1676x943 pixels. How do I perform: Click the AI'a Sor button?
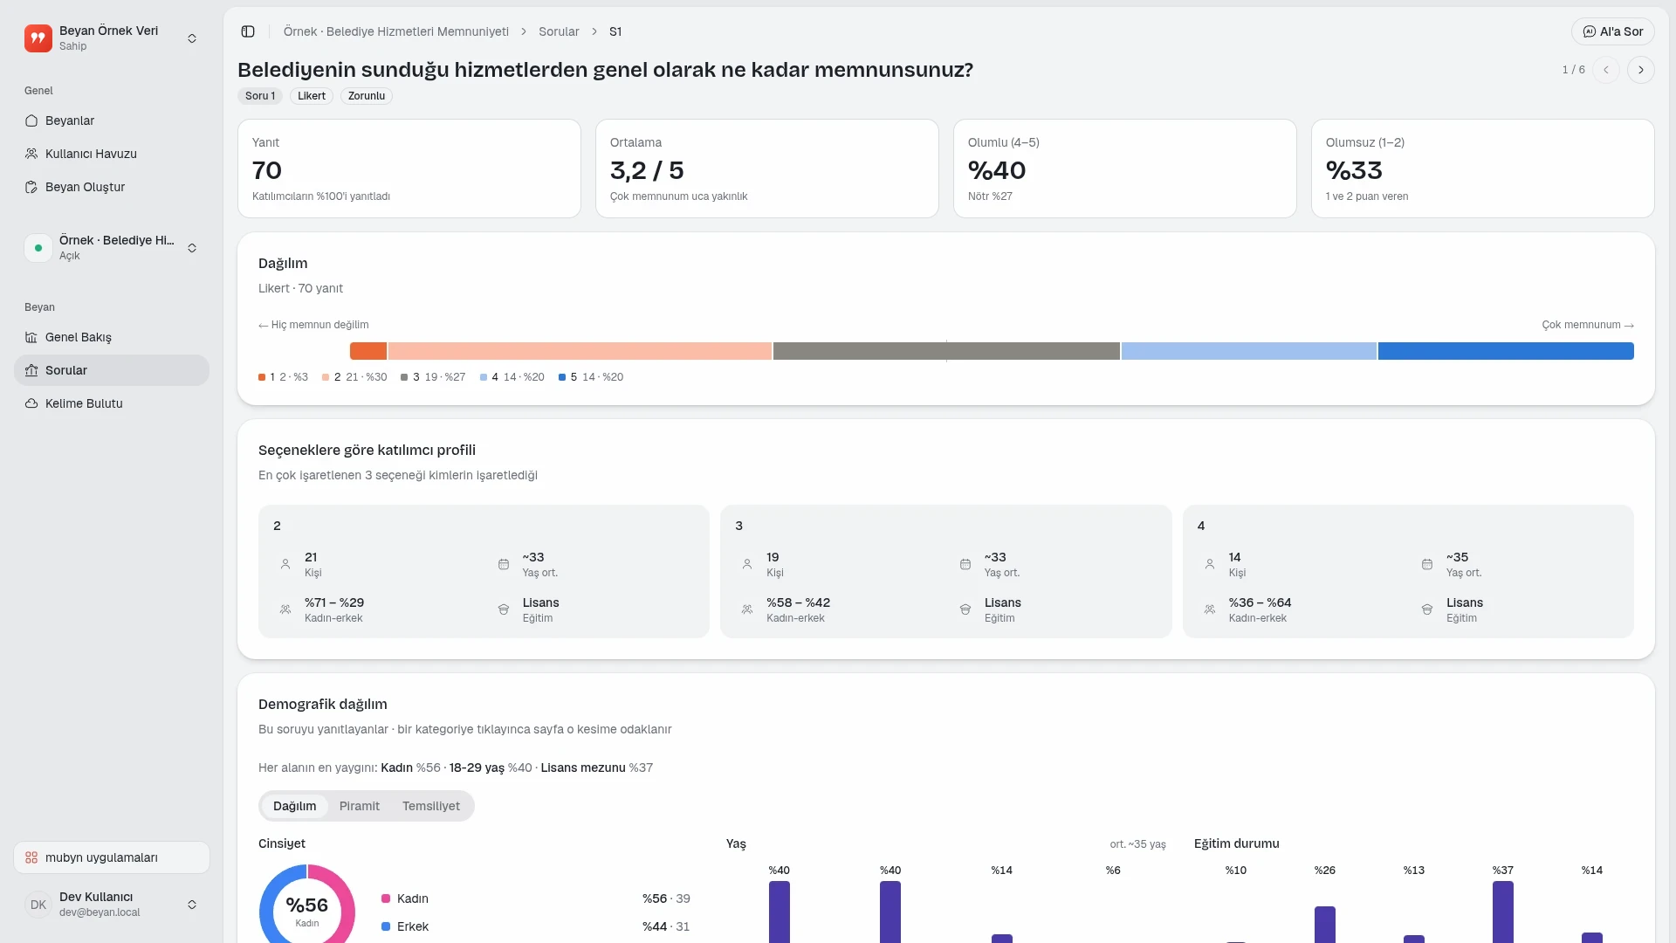(1612, 31)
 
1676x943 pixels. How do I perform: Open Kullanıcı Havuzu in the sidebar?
(91, 154)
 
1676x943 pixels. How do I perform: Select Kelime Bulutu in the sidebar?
(84, 403)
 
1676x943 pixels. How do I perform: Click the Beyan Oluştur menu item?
(85, 187)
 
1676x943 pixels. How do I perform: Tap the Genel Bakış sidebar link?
(78, 337)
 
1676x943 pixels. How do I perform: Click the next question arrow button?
(1641, 70)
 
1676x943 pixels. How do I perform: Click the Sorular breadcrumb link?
(559, 31)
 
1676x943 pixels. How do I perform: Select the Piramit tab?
(360, 806)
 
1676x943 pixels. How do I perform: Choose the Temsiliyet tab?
(431, 806)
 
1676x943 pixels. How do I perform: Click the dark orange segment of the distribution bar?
(368, 351)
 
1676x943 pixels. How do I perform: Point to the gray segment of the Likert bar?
(946, 351)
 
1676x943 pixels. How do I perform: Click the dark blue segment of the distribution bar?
(1506, 351)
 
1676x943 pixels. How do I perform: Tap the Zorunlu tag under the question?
(367, 96)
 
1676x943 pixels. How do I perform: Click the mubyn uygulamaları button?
(112, 857)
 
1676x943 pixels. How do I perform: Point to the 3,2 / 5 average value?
(647, 170)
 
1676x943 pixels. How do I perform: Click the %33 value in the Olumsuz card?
(1354, 170)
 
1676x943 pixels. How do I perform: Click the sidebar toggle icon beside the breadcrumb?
(248, 31)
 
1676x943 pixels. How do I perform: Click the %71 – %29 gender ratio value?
(334, 602)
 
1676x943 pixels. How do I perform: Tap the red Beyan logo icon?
(38, 38)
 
